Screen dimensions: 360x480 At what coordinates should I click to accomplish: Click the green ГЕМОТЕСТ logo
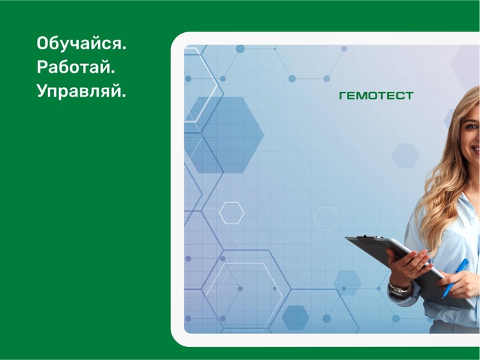(376, 96)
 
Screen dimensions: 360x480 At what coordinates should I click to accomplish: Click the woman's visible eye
(471, 126)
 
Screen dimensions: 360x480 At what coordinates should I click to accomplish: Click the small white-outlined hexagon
(231, 213)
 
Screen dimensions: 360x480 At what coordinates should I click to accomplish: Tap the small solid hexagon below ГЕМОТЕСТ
(405, 156)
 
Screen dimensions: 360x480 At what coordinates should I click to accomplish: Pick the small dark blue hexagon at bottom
(296, 317)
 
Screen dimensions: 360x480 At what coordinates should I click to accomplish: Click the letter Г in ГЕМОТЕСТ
(343, 96)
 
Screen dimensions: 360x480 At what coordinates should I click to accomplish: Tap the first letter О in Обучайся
(43, 45)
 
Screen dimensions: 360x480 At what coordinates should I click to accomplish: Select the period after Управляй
(124, 95)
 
